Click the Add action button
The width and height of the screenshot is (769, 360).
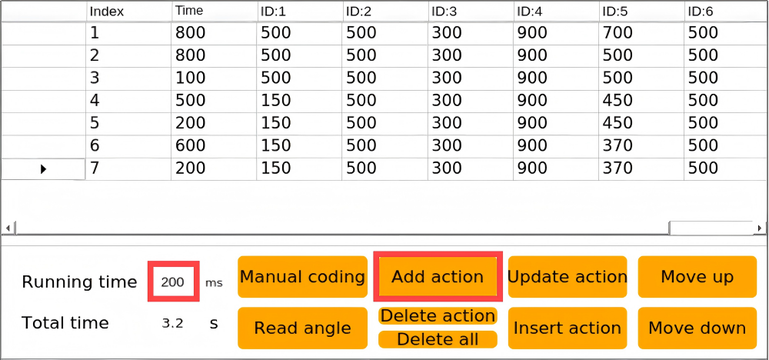(x=438, y=277)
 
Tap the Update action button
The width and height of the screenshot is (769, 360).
(x=568, y=277)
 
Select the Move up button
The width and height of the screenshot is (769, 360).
(x=697, y=277)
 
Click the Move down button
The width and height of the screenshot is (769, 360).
(x=697, y=328)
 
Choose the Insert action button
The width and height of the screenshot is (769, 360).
(x=568, y=328)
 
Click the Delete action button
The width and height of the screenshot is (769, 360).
(x=438, y=316)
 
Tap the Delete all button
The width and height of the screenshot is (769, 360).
(x=438, y=339)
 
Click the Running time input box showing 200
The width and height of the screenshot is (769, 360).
(x=173, y=282)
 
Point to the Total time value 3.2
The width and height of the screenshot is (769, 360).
(x=172, y=323)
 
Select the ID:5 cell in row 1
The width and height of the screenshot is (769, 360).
(x=641, y=33)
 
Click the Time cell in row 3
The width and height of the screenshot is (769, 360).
(x=214, y=78)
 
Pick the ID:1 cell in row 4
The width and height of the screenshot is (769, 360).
(x=299, y=101)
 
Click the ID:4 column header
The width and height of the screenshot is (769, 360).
(x=556, y=12)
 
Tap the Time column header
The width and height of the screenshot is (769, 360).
(x=214, y=12)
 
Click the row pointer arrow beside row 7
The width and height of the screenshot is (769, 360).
(x=43, y=169)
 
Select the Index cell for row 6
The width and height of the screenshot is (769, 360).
(x=128, y=145)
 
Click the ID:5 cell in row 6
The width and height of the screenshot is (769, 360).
(x=641, y=145)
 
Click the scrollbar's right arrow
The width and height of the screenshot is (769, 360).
(x=761, y=228)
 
